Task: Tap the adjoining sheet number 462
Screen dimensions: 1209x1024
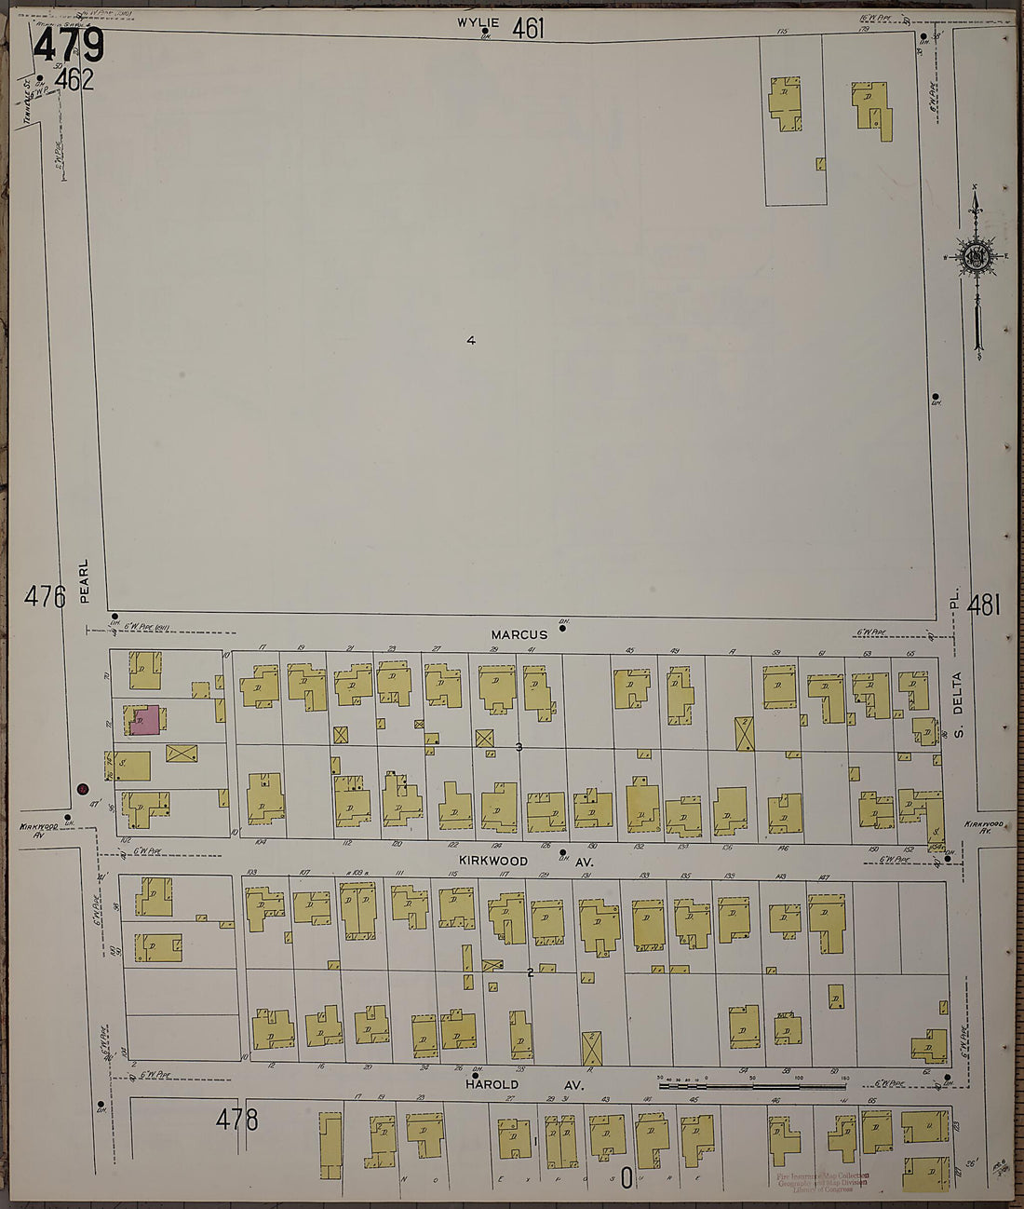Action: click(74, 81)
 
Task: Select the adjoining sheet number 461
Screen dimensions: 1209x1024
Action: click(528, 29)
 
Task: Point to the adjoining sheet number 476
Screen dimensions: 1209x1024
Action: click(45, 596)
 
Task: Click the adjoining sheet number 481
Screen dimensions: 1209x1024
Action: click(983, 606)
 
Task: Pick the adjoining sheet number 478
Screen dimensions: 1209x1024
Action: click(236, 1119)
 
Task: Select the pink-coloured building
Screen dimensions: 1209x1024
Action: click(143, 720)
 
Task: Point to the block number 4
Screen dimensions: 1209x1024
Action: click(471, 341)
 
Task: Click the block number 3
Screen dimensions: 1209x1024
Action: click(519, 747)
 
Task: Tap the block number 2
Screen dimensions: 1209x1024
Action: click(530, 972)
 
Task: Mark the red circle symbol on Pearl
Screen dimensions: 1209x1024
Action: click(83, 789)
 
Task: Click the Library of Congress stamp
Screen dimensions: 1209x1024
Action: click(823, 1182)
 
